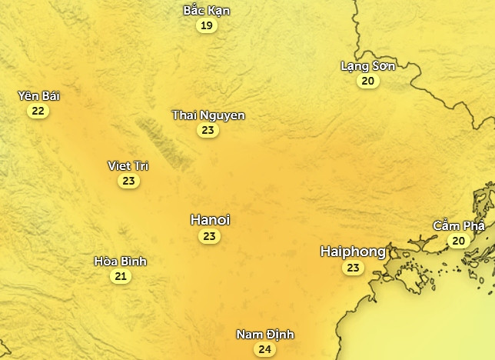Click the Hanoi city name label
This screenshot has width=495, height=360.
coord(210,220)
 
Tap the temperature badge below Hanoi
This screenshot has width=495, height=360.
coord(209,237)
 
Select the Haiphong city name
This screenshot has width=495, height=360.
coord(353,252)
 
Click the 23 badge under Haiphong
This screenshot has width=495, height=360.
coord(353,268)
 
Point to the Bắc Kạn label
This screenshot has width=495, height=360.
coord(206,11)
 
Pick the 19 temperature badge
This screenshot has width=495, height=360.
coord(206,26)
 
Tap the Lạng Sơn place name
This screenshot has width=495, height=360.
coord(367,65)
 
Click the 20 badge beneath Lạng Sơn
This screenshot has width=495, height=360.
coord(368,81)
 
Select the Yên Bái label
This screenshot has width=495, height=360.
coord(38,96)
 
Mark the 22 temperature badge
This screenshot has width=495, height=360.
coord(38,112)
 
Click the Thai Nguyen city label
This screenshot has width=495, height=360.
coord(208,115)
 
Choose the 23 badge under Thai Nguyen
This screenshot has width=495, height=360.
coord(208,131)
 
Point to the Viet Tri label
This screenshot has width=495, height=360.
coord(128,166)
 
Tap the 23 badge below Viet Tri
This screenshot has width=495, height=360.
coord(128,182)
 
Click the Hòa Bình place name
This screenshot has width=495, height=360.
coord(120,262)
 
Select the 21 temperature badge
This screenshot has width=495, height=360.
coord(120,277)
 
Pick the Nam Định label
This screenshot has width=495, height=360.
coord(264,335)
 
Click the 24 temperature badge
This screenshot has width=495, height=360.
coord(264,350)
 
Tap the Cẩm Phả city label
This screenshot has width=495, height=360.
coord(459,225)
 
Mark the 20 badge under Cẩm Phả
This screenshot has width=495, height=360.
coord(458,241)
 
